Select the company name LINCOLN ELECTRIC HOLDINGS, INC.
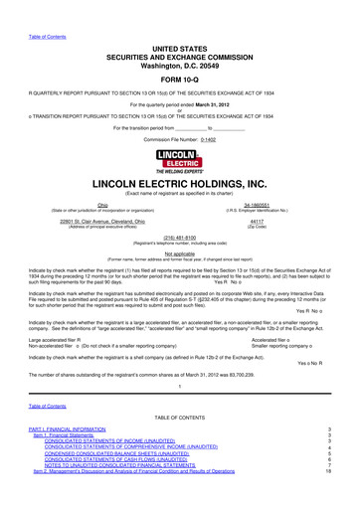point(179,157)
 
